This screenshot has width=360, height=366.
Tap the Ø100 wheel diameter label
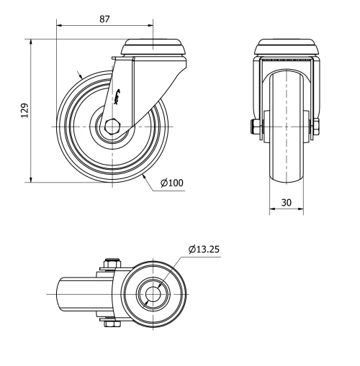click(x=172, y=183)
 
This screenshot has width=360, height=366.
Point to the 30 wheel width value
click(x=287, y=203)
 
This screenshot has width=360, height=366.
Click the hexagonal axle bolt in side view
click(x=112, y=127)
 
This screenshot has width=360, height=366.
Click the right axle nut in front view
click(x=316, y=128)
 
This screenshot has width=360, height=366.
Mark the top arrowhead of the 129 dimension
click(x=32, y=43)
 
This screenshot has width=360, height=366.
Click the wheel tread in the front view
click(x=287, y=158)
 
